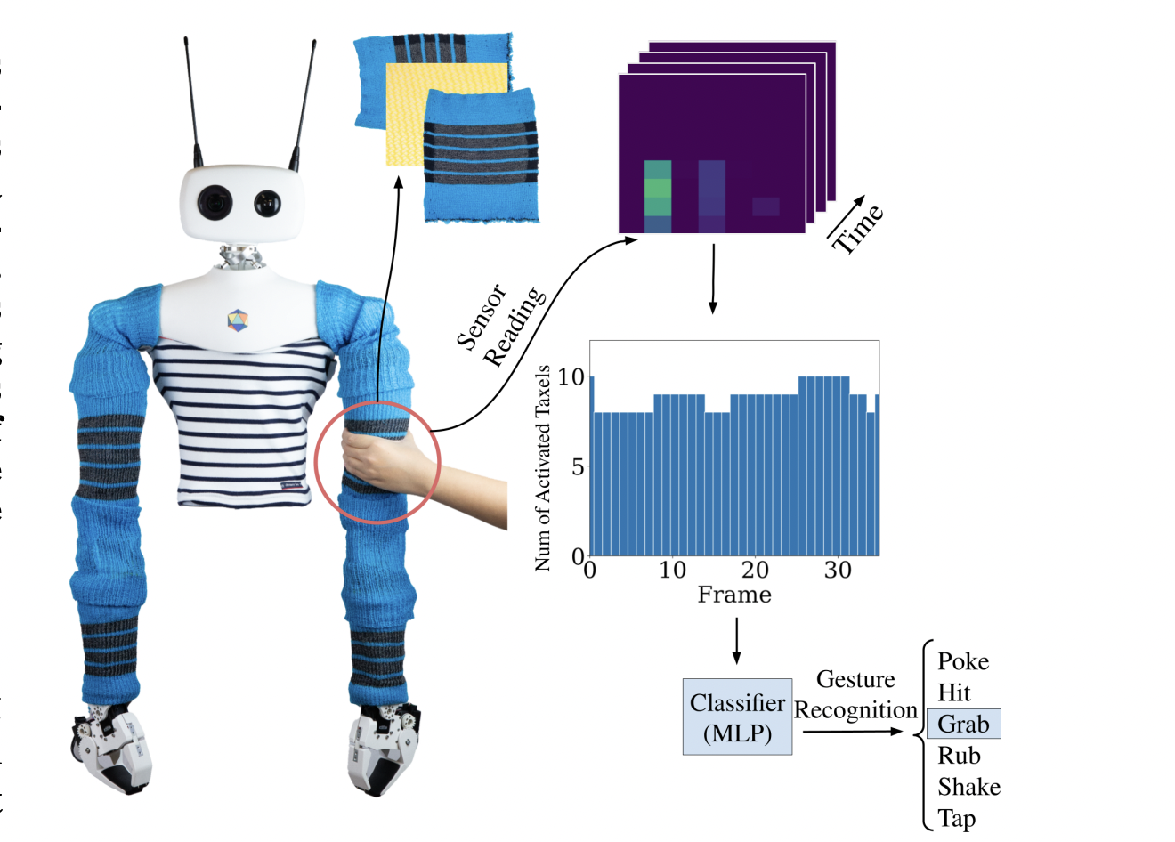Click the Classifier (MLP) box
(x=737, y=717)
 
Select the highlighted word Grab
(x=963, y=724)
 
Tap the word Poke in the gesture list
(x=963, y=661)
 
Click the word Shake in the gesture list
(x=968, y=787)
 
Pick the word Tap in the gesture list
(x=957, y=818)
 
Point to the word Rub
(x=959, y=756)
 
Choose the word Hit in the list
(x=954, y=692)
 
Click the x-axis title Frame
(x=734, y=595)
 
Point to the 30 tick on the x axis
(x=838, y=571)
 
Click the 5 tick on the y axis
(x=578, y=466)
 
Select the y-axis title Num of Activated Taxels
(x=542, y=467)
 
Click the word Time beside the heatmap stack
(x=857, y=228)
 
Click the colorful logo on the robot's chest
(x=236, y=320)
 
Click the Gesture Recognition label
(x=855, y=695)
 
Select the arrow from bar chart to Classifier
(x=736, y=641)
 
